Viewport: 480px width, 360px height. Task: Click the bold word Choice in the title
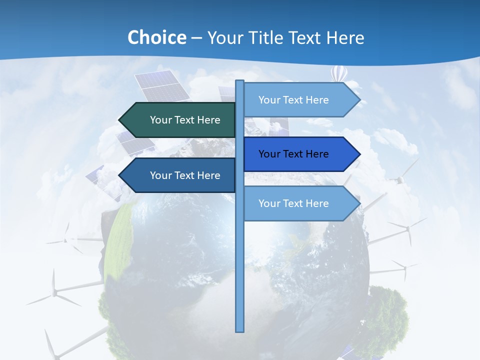[x=156, y=38]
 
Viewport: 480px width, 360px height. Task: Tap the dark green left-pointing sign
[x=177, y=120]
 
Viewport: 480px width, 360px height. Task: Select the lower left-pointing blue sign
[x=177, y=175]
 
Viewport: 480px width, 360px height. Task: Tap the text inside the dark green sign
[x=185, y=120]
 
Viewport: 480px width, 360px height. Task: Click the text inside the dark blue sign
[x=293, y=154]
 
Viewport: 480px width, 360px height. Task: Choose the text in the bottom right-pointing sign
[x=293, y=203]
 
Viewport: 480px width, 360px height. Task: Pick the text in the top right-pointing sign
[x=293, y=100]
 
